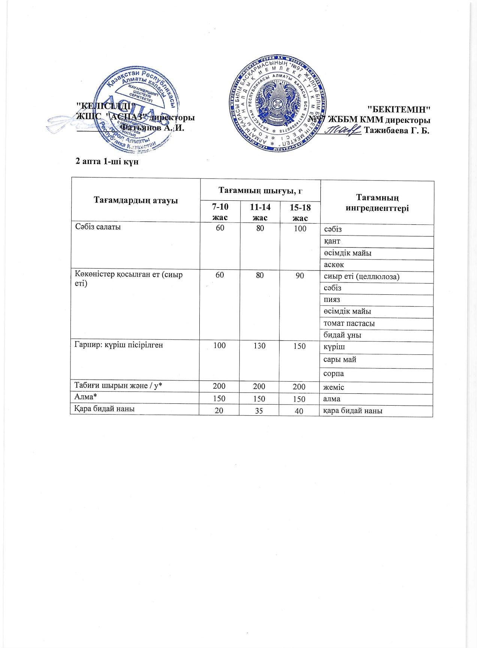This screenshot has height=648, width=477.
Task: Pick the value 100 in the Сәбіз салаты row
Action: [300, 228]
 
